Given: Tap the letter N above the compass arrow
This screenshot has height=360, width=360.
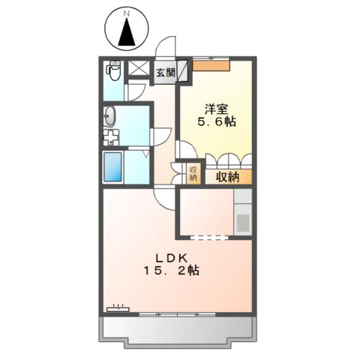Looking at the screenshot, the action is point(127,14).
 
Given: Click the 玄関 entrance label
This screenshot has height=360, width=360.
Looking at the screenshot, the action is point(166,73).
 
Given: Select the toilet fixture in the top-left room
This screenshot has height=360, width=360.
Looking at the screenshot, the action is point(115,70).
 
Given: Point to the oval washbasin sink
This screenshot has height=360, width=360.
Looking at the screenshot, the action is point(109,116).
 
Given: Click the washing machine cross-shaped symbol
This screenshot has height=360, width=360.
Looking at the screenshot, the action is point(111,137).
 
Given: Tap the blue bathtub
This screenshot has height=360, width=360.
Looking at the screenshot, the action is point(112,166).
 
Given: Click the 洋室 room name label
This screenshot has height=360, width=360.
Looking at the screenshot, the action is point(217,109).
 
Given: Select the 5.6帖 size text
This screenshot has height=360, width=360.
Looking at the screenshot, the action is point(217,121).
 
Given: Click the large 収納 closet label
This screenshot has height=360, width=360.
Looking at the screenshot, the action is point(228,177).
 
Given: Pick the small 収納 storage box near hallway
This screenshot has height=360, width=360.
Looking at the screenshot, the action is point(193,174).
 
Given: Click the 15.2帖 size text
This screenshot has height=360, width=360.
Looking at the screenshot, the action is point(172,270).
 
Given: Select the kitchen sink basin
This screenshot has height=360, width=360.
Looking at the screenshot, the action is point(243,223).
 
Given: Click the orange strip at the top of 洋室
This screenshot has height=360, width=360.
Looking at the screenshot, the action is point(211,66).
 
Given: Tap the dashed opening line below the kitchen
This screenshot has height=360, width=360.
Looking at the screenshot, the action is point(209,238).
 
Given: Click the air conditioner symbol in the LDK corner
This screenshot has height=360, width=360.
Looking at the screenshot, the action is point(118,308).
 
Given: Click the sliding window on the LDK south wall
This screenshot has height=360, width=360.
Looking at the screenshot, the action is point(177,314).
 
